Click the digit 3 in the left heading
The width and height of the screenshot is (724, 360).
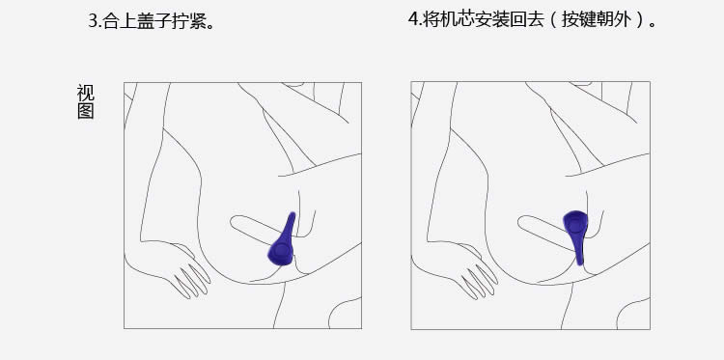[x=93, y=21]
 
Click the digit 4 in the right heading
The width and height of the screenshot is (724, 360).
[x=413, y=19]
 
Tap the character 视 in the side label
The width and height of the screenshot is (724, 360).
[x=85, y=93]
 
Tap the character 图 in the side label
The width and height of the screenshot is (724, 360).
[x=85, y=111]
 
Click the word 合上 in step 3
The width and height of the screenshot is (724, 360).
[x=120, y=21]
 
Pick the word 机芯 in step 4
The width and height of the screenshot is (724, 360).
[x=457, y=19]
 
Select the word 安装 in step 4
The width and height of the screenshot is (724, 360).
[x=491, y=19]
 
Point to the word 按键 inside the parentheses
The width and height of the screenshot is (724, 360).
[x=578, y=19]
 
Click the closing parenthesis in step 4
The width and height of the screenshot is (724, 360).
[x=639, y=20]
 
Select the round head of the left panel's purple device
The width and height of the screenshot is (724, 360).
[x=281, y=252]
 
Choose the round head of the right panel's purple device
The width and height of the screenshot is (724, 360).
[x=575, y=223]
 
